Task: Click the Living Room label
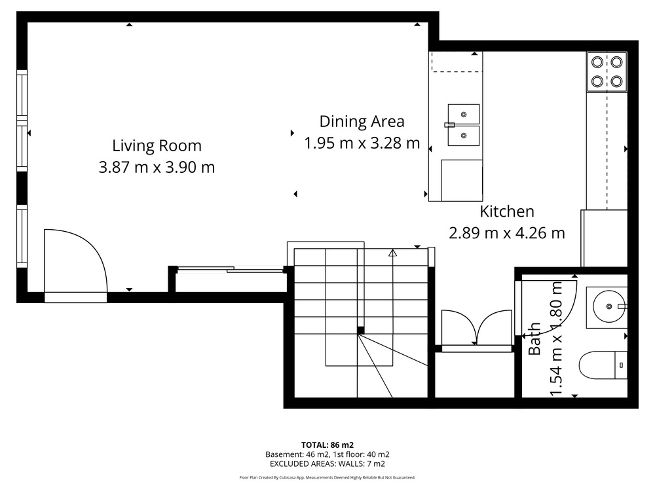click(x=157, y=146)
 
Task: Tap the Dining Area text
click(x=362, y=122)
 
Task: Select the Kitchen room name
click(x=507, y=211)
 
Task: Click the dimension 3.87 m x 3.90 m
click(x=157, y=168)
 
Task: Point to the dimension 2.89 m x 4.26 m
click(x=507, y=233)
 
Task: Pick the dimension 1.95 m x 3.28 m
click(x=362, y=143)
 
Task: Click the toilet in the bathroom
click(x=603, y=365)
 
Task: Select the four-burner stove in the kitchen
click(x=607, y=72)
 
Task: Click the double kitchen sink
click(x=463, y=125)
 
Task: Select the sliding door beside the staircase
click(x=230, y=269)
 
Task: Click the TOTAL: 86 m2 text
click(x=327, y=445)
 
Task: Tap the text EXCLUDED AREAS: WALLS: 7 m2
click(x=327, y=464)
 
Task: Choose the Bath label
click(x=534, y=338)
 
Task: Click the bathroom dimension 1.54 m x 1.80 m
click(x=556, y=338)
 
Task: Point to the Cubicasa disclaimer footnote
click(x=327, y=478)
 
